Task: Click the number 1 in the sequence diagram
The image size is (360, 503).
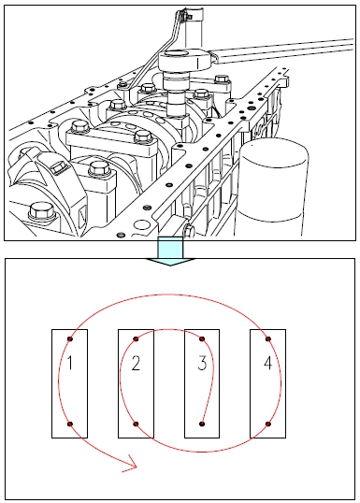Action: pos(70,363)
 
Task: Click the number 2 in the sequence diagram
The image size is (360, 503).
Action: pos(136,363)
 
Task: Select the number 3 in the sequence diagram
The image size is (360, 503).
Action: pos(202,363)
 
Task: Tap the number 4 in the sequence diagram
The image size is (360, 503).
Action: pos(268,363)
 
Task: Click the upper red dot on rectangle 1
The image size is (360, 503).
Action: pos(70,338)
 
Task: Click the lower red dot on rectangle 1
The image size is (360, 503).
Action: pos(70,424)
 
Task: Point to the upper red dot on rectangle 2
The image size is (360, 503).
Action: pos(136,338)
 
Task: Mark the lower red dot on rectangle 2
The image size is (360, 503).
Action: pos(136,424)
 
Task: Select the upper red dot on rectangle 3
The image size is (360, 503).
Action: pos(202,338)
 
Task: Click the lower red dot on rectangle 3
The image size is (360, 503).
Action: pos(202,424)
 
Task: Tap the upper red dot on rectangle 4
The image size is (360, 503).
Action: pos(268,338)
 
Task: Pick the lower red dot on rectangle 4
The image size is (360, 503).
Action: pos(268,424)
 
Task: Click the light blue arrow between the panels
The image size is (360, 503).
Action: pos(170,251)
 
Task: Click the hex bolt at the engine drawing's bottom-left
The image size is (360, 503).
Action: pos(41,210)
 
